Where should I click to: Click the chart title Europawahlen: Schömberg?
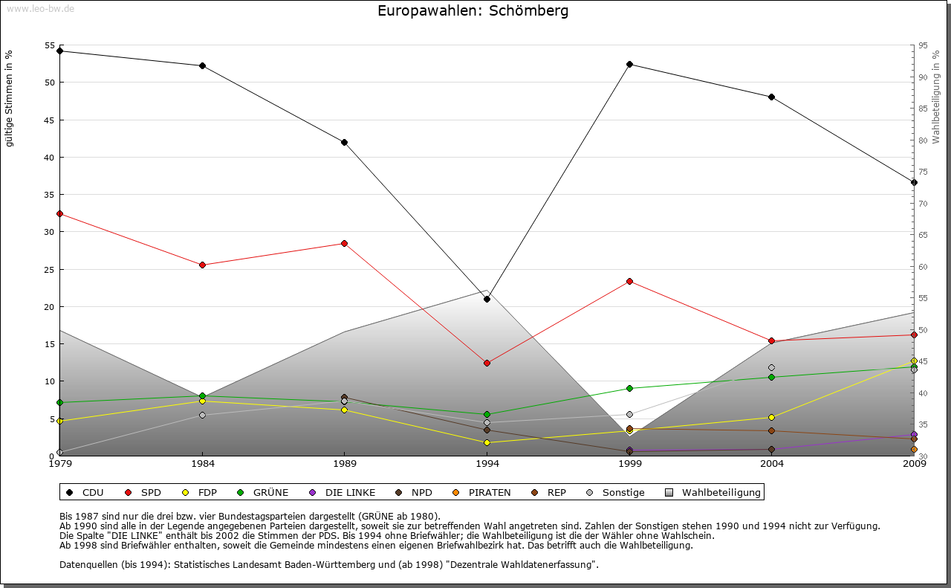473,10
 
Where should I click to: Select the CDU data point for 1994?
487,299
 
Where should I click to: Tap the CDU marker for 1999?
629,64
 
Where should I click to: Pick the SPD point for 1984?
202,265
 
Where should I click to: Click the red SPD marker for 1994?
487,363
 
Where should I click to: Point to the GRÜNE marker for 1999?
629,388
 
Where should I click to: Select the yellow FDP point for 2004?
772,417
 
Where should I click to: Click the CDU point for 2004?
772,97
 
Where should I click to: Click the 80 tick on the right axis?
922,140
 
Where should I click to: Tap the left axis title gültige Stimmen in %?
10,98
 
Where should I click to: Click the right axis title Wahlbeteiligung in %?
936,97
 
